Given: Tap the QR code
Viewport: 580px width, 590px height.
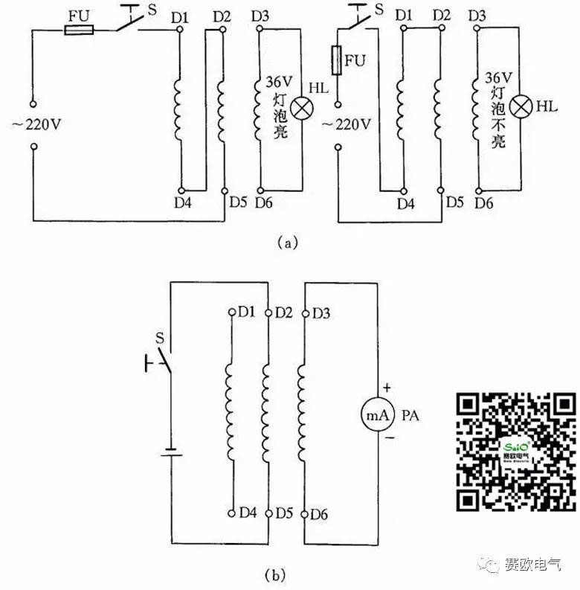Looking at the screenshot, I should coord(516,452).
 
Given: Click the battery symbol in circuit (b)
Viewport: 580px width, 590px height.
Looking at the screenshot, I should coord(172,452).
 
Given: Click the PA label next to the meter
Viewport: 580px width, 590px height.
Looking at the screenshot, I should coord(410,416).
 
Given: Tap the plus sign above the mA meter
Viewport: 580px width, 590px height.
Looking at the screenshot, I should coord(387,388).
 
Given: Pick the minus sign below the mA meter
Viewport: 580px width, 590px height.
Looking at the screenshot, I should coord(387,442).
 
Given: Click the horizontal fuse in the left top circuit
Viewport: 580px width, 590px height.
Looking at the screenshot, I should coord(80,30).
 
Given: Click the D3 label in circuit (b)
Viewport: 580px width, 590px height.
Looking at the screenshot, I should coord(320,313).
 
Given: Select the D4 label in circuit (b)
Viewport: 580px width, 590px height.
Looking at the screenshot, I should coord(248,513).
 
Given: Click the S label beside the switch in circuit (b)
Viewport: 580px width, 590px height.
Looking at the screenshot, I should coord(158,339).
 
